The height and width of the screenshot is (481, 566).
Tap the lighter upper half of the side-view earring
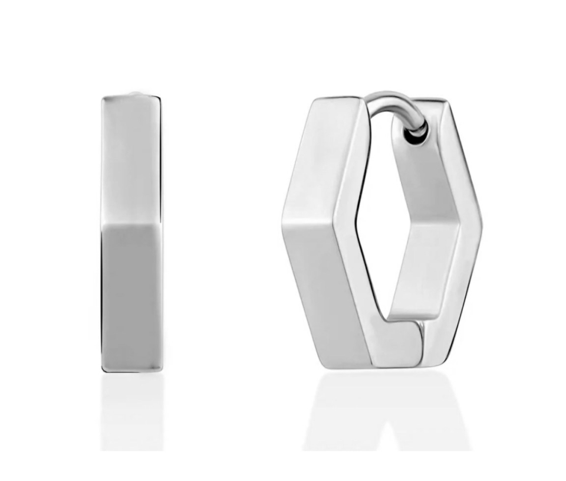pyautogui.click(x=131, y=159)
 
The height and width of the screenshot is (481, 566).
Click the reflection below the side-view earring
pyautogui.click(x=131, y=413)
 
